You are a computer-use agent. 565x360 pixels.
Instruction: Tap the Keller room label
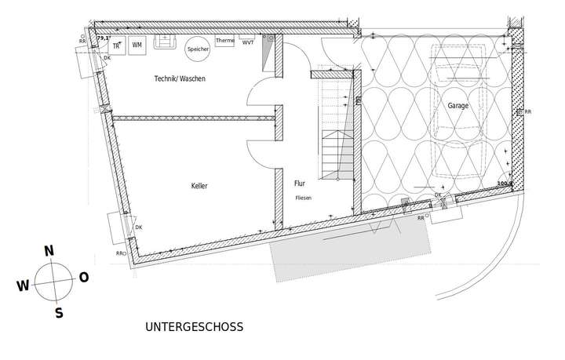(199, 186)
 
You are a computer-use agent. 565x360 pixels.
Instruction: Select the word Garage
(458, 105)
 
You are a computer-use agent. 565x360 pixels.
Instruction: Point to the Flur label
(299, 183)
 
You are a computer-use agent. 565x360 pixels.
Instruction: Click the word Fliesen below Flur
(303, 198)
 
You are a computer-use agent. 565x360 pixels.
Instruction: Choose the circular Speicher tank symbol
(198, 49)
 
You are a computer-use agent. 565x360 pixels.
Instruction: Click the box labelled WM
(137, 45)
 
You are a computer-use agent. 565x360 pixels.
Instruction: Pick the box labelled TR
(115, 45)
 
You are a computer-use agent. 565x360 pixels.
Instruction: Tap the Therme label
(224, 41)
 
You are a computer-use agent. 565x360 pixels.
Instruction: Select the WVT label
(247, 42)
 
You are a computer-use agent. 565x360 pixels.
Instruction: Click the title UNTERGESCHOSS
(195, 326)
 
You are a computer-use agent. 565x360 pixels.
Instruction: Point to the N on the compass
(49, 251)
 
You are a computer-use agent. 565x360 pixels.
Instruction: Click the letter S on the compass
(58, 313)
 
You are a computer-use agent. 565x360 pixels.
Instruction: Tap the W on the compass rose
(22, 286)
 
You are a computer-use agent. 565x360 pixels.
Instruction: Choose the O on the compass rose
(84, 277)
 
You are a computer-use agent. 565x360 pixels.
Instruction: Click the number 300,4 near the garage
(504, 184)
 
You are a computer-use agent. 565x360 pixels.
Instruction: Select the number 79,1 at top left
(102, 37)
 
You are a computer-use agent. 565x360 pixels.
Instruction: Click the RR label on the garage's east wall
(527, 112)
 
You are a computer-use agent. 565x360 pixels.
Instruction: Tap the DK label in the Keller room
(139, 227)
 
